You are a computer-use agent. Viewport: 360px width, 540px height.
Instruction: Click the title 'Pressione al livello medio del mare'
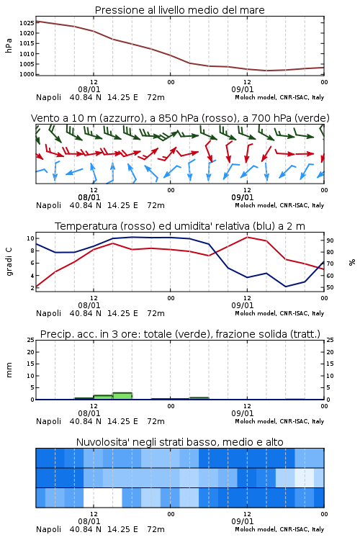click(x=179, y=10)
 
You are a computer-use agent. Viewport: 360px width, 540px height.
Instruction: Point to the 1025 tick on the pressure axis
click(x=27, y=23)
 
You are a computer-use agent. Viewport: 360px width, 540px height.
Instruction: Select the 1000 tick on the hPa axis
click(x=27, y=74)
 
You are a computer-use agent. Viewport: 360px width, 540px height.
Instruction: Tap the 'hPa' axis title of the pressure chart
click(x=9, y=45)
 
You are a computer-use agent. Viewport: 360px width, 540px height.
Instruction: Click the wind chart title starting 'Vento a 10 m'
click(x=180, y=118)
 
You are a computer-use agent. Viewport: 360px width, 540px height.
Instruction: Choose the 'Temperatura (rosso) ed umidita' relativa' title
click(x=180, y=226)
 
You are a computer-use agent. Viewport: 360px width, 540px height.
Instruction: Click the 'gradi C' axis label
click(x=9, y=262)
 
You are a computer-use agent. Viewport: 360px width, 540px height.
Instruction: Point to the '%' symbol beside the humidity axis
click(x=352, y=262)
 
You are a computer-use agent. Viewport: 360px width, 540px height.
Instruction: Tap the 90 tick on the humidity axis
click(x=330, y=240)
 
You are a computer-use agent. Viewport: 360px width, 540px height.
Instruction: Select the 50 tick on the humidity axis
click(x=330, y=287)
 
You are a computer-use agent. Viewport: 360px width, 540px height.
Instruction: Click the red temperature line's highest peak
click(x=247, y=237)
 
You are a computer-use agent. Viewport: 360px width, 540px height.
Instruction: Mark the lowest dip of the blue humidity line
click(x=286, y=287)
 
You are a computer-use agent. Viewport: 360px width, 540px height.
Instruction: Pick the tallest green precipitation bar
click(x=122, y=396)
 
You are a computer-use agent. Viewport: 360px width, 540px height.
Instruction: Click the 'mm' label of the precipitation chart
click(x=9, y=370)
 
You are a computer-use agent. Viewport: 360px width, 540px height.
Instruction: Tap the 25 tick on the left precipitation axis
click(x=31, y=340)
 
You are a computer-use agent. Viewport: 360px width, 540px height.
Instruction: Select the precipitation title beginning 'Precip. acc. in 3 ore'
click(x=180, y=334)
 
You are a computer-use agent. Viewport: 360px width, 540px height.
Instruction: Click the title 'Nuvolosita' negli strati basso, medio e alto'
click(x=179, y=442)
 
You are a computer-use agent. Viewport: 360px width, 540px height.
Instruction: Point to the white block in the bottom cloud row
click(x=103, y=498)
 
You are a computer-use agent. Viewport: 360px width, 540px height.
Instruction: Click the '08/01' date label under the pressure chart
click(x=89, y=89)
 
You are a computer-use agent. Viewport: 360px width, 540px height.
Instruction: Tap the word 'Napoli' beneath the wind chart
click(x=48, y=205)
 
